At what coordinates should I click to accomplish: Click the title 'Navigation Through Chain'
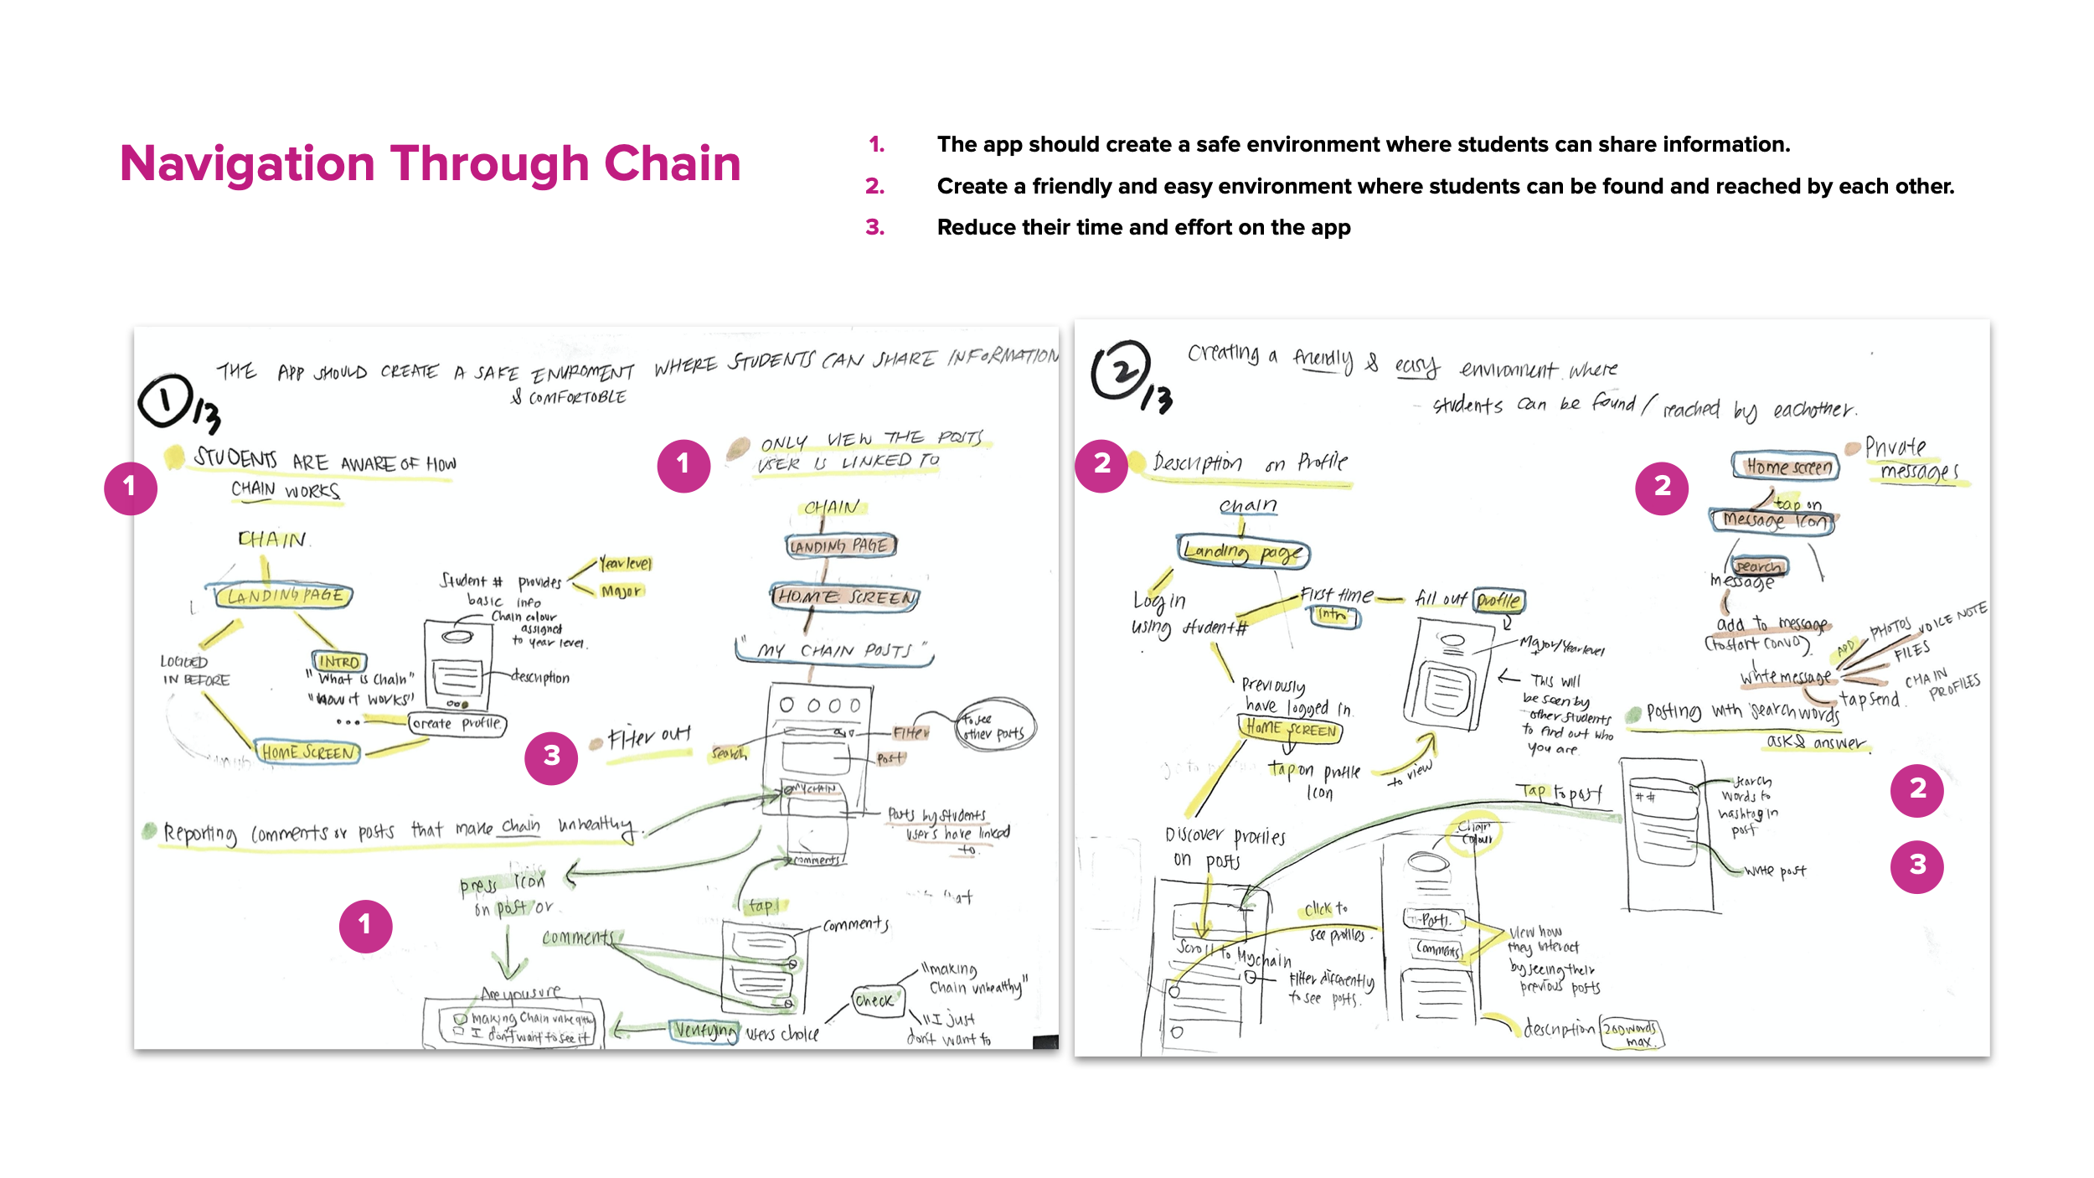[430, 163]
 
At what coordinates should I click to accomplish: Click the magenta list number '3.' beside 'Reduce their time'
[874, 228]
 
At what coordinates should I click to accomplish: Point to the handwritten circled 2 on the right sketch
[1120, 371]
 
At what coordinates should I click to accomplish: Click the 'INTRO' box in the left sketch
[339, 662]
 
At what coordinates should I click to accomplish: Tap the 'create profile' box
[457, 724]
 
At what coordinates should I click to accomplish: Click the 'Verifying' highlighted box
[705, 1030]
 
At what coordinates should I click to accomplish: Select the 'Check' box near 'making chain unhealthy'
[874, 1000]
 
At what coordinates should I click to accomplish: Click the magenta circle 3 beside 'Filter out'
[551, 757]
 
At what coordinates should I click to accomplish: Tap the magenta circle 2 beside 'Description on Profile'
[1101, 464]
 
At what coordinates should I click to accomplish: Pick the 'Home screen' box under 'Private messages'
[1786, 467]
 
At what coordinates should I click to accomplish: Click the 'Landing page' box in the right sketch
[1243, 552]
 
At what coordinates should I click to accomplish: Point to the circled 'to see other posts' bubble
[994, 727]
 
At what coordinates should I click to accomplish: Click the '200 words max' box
[1631, 1034]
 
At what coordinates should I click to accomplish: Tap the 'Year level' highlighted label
[626, 564]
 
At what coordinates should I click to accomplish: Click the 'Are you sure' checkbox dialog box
[513, 1024]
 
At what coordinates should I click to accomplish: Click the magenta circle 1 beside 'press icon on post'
[365, 926]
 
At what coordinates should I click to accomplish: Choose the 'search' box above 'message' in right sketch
[1758, 567]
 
